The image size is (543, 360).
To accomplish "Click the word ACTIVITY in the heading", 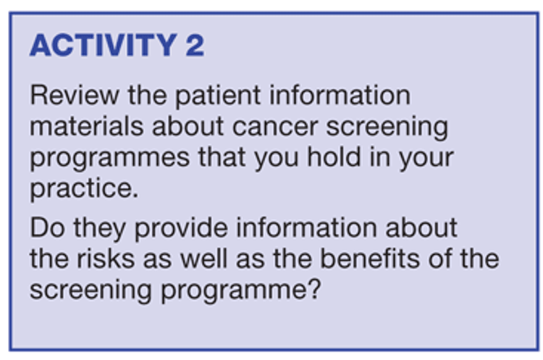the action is tap(104, 45).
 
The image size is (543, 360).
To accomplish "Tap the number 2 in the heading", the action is tap(195, 45).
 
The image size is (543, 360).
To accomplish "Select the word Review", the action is tap(75, 95).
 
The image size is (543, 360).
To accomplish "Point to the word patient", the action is tap(218, 96).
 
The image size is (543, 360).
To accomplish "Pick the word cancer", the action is tap(275, 127).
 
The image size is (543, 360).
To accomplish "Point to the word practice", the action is tap(80, 189).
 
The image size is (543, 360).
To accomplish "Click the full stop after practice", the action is tap(135, 196).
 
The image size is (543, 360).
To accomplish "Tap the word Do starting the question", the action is tap(48, 227).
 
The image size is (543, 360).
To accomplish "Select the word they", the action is tap(99, 229).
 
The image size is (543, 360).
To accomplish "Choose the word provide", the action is tap(181, 229).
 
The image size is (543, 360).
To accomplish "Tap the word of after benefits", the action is tap(439, 259).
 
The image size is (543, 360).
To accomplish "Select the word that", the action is tap(222, 157).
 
